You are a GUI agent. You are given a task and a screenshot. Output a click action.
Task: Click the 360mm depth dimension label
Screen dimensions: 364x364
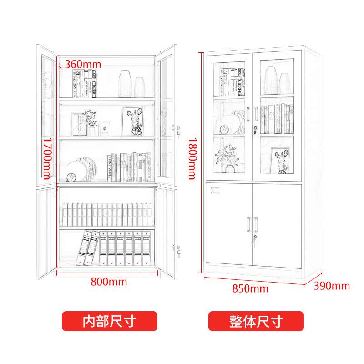[x=83, y=64]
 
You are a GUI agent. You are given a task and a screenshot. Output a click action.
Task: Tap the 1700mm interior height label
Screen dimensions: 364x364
[x=47, y=159]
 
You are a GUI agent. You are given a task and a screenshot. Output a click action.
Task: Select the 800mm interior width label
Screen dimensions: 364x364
[x=109, y=282]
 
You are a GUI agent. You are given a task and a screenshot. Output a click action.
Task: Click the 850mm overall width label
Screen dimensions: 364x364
[x=250, y=288]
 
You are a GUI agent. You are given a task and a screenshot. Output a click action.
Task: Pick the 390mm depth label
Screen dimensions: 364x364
[x=332, y=286]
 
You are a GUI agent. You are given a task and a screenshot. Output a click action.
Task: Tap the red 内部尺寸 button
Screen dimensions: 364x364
[x=109, y=321]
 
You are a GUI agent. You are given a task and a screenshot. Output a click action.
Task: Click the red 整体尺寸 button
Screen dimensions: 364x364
[x=256, y=321]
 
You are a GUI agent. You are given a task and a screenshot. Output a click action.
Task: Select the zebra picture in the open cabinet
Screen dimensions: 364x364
[x=133, y=121]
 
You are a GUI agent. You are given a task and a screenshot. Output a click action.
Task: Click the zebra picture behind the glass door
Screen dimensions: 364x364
[x=281, y=161]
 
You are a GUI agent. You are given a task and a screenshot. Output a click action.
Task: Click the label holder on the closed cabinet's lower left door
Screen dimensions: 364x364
[x=215, y=190]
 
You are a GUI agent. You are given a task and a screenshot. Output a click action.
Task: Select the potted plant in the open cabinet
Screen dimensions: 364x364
[x=91, y=122]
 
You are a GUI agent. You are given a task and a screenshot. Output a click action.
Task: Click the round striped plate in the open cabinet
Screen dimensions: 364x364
[x=82, y=169]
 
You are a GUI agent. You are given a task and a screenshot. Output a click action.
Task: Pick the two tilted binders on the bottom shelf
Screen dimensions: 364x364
[x=89, y=248]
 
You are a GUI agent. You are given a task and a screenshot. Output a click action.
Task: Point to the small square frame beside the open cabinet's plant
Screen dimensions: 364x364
[x=105, y=128]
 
